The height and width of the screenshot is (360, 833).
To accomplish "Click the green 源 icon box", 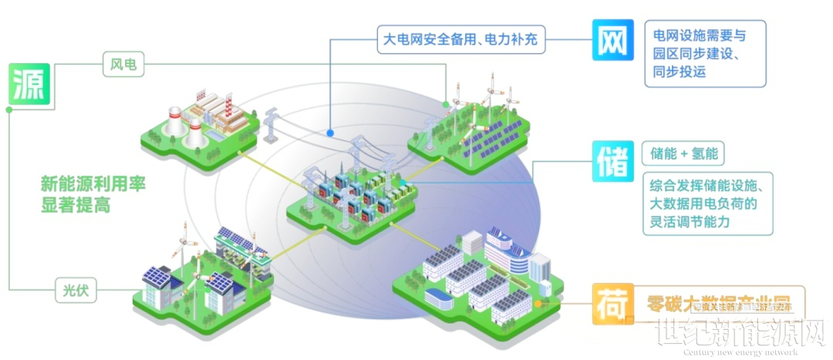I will point(30,86).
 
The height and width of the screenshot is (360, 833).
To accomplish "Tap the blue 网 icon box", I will point(614,40).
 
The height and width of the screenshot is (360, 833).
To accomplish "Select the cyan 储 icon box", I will point(614,161).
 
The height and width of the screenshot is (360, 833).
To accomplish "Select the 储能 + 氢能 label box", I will point(685,153).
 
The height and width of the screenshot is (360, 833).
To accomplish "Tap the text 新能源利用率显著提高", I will point(94,194).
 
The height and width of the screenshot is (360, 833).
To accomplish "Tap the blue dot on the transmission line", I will point(330,133).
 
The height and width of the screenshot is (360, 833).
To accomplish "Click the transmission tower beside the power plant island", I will point(271,127).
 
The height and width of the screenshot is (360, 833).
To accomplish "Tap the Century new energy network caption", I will point(740,353).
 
